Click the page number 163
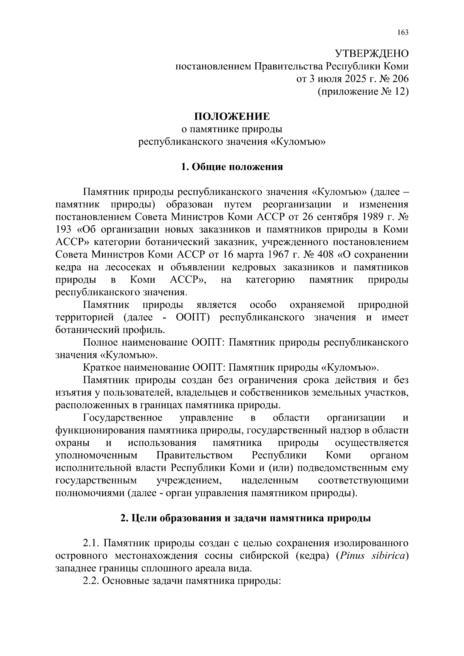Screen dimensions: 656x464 tap(402, 32)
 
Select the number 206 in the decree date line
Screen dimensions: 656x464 tap(398, 79)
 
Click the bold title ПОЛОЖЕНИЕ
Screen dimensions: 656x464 tap(232, 116)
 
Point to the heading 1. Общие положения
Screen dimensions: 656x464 tap(232, 167)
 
